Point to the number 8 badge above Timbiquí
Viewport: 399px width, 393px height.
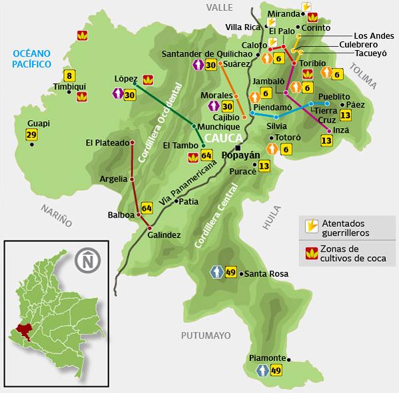click(68, 75)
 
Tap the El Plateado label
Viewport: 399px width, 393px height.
click(107, 142)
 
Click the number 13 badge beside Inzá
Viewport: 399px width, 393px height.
click(326, 140)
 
